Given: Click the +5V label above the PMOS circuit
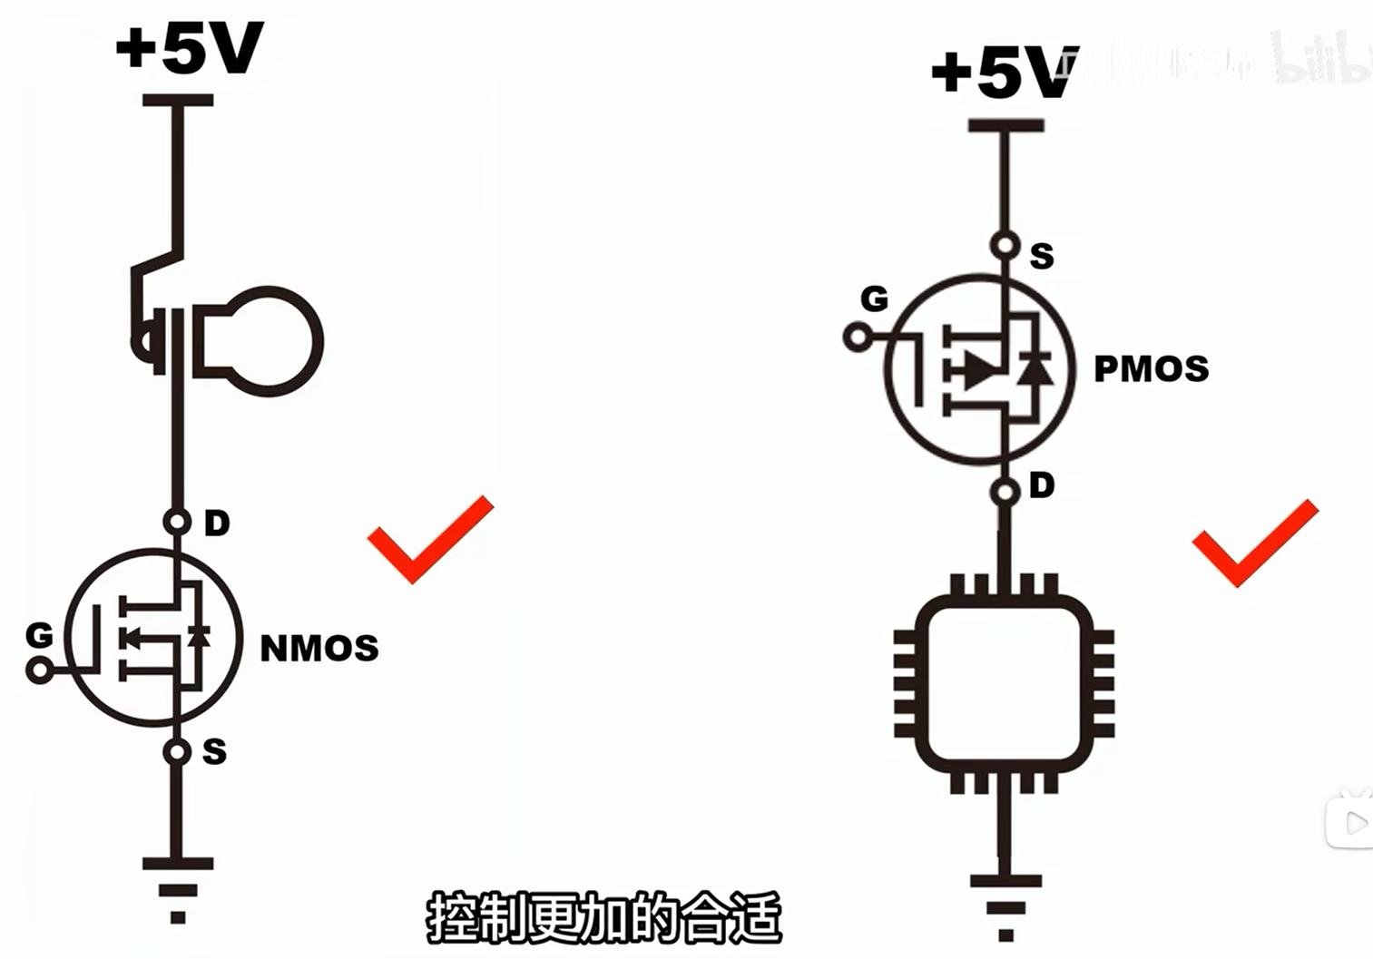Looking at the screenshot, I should [1003, 72].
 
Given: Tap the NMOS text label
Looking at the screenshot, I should [319, 648].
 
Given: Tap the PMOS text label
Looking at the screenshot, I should [1151, 368].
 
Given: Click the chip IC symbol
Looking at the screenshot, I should [1004, 682].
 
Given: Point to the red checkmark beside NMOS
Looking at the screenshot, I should [428, 539].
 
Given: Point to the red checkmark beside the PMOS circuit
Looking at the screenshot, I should [1254, 542].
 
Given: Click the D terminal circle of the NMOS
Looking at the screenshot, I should [177, 522].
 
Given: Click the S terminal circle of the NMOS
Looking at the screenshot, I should [177, 752].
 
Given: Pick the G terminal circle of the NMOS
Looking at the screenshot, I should [40, 671].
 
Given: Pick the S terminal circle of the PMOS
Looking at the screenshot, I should [1005, 244].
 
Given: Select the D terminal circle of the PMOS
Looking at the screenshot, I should [1005, 493].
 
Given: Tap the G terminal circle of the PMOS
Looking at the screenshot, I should [857, 338].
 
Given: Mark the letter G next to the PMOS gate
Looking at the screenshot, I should [874, 298].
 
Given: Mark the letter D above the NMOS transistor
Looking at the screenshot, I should [216, 523].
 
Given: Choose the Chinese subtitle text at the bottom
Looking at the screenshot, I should [603, 918].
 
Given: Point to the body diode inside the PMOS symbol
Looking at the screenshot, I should [1035, 369].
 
